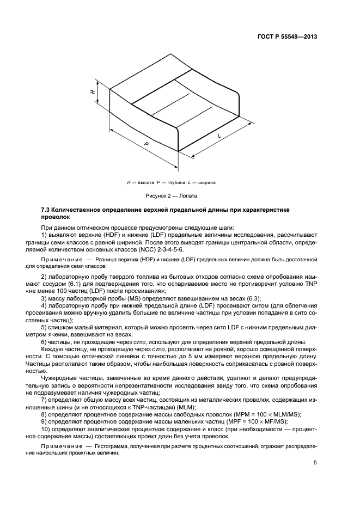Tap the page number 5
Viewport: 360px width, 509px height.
(315, 463)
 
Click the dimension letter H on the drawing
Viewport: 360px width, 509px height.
(93, 93)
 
